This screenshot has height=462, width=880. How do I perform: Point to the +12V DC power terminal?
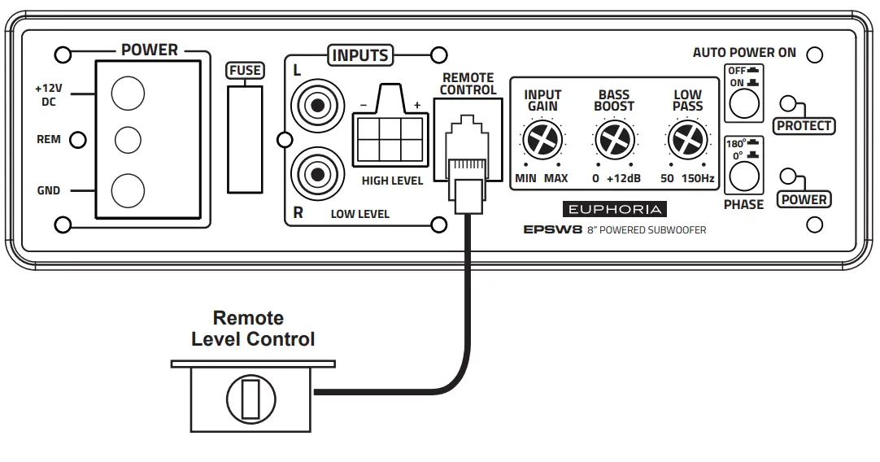tap(127, 94)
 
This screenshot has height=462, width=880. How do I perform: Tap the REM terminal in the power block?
tap(127, 140)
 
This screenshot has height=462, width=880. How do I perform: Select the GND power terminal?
tap(127, 190)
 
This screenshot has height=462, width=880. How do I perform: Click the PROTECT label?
tap(804, 125)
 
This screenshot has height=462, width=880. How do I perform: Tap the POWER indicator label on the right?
tap(804, 199)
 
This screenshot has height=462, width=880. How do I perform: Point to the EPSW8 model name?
tap(552, 230)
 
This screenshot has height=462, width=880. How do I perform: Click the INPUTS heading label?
tap(359, 55)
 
